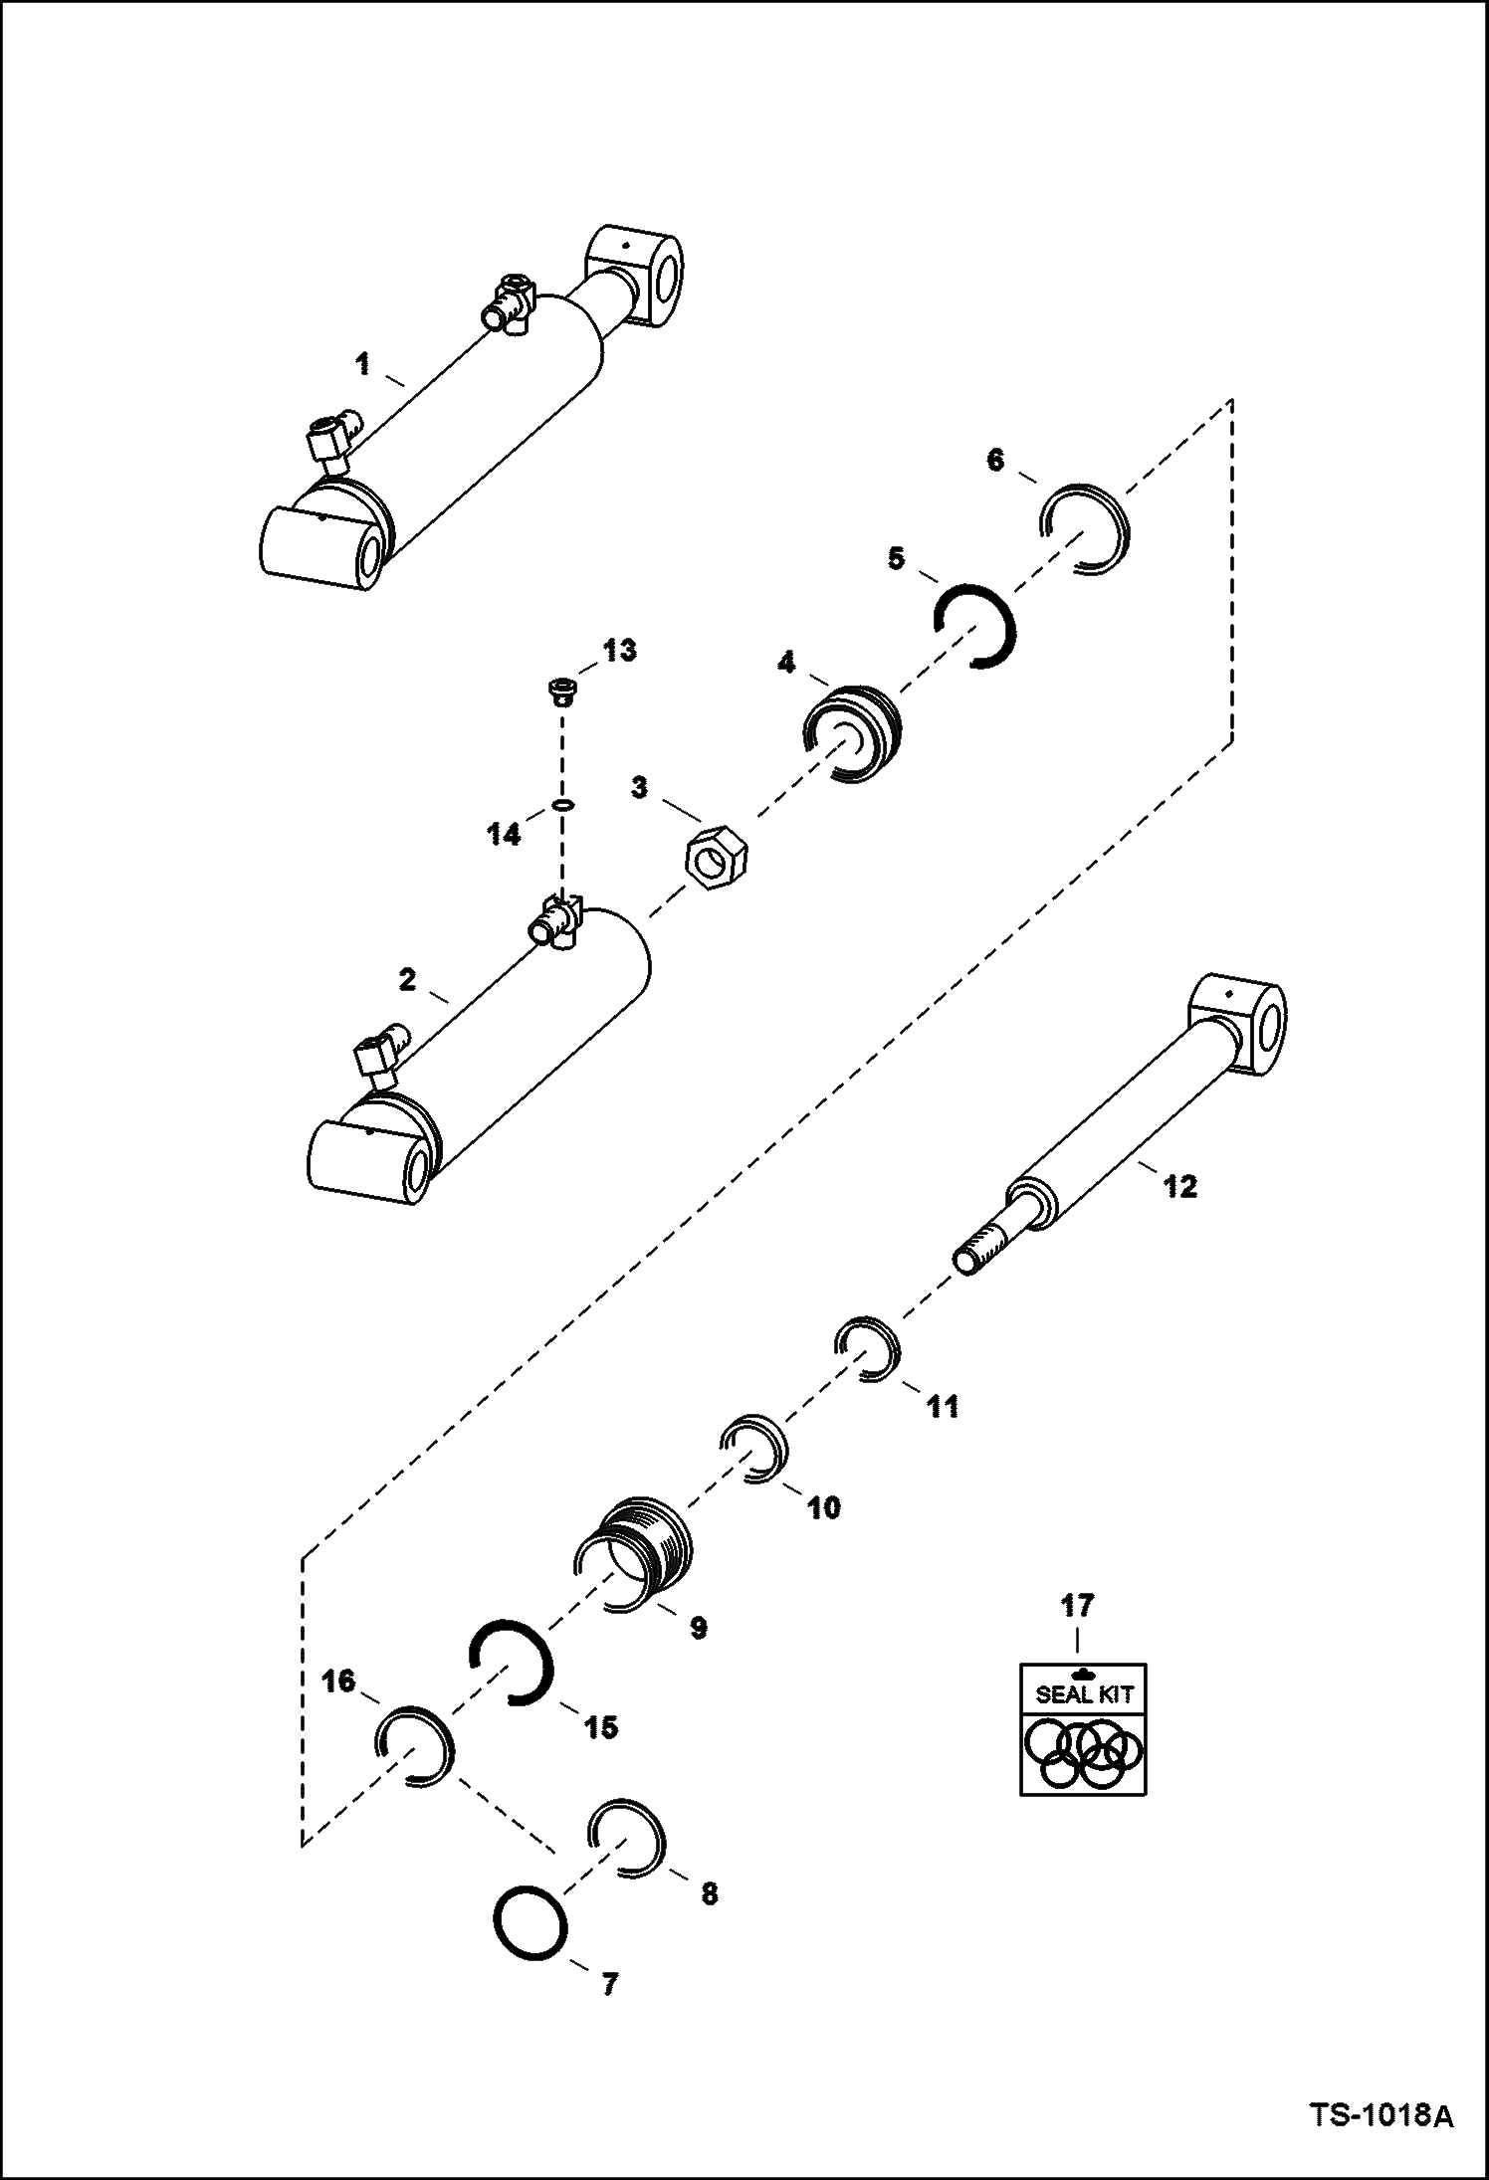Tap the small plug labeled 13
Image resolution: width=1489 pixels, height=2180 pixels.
[563, 689]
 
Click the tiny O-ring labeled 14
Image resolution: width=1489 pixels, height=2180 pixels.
[563, 804]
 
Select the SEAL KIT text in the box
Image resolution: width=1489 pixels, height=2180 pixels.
[1084, 1694]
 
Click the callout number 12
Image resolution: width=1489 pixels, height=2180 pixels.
[1180, 1186]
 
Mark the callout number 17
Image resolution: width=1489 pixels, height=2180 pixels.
[1077, 1605]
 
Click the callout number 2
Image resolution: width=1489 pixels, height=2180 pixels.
[406, 980]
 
